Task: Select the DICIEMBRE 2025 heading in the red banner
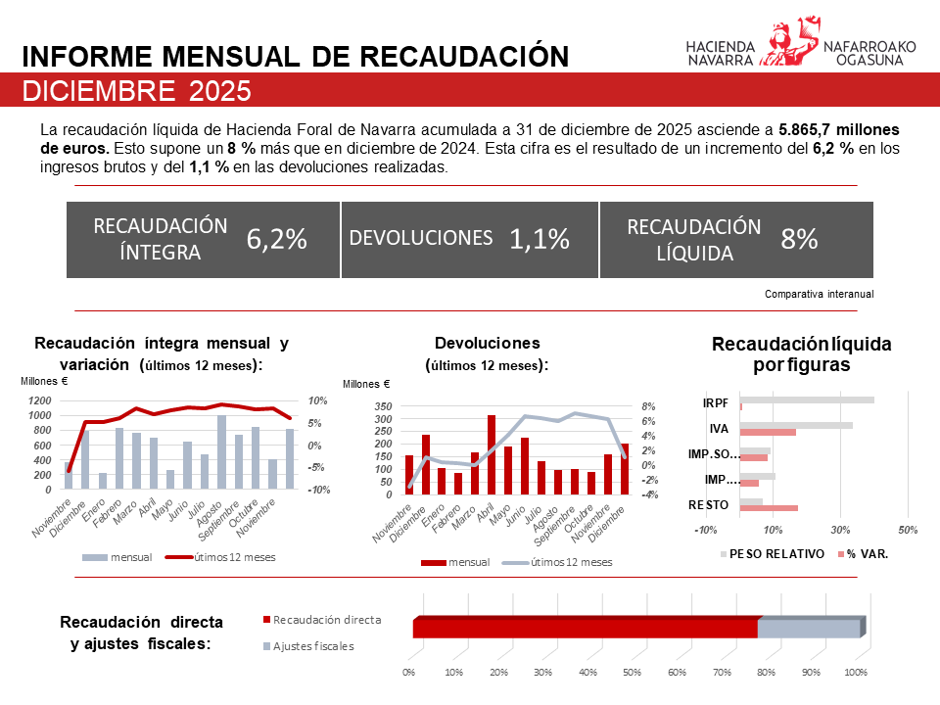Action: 136,91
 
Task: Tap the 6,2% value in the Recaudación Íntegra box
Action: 277,239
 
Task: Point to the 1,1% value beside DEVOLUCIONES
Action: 540,239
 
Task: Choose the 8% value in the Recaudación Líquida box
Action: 799,239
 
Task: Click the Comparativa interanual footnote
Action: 819,294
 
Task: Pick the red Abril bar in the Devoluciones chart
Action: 491,454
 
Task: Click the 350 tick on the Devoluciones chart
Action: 383,406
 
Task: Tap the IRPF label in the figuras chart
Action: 715,402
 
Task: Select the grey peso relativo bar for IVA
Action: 795,425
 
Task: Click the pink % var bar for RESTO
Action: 769,508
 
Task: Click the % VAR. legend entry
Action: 867,553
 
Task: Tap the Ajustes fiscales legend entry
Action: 312,646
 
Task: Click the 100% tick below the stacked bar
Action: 856,673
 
